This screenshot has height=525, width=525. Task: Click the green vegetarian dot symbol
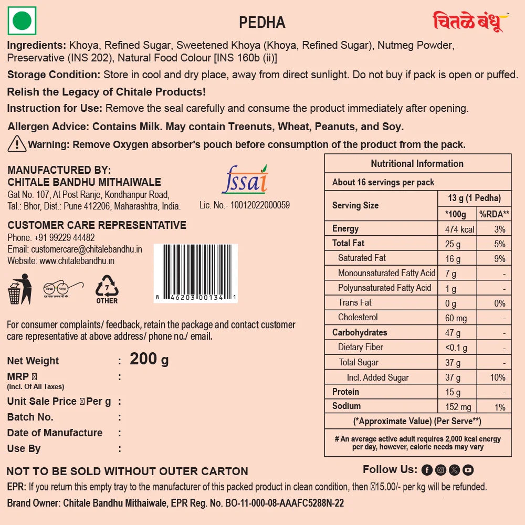point(22,22)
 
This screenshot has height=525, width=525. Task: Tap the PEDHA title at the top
point(262,23)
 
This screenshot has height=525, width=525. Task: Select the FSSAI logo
point(245,180)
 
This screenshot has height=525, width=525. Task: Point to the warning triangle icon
point(17,143)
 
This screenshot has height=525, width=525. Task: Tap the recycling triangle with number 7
point(107,288)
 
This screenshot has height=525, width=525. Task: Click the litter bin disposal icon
point(19,289)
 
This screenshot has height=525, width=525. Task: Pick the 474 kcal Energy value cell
point(459,229)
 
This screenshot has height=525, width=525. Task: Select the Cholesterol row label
point(358,317)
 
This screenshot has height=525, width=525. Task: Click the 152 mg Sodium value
point(458,407)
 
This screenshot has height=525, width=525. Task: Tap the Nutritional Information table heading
point(417,163)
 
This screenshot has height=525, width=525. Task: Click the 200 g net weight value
point(149,359)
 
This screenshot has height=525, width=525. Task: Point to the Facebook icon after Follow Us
point(427,470)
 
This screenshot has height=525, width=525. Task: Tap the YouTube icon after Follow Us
point(468,470)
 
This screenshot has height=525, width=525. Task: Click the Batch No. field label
point(30,417)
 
